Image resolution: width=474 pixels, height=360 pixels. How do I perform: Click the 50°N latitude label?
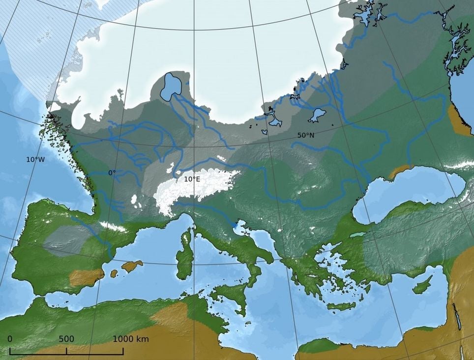(305, 134)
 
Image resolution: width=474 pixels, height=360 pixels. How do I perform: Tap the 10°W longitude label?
(35, 159)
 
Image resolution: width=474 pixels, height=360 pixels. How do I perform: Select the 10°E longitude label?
(192, 179)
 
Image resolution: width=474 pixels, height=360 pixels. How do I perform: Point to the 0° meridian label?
(112, 173)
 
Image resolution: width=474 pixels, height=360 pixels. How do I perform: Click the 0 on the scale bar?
(10, 339)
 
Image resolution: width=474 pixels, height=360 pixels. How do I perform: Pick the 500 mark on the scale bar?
(66, 339)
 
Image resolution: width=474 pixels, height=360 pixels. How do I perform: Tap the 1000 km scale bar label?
(131, 339)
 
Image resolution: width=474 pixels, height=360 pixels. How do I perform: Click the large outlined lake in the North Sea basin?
(172, 86)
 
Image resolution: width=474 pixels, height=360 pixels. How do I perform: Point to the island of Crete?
(341, 306)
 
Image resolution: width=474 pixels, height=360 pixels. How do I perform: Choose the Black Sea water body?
(408, 192)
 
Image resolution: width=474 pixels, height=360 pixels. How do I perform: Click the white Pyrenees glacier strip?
(114, 226)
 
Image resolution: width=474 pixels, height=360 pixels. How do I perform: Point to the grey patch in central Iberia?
(66, 240)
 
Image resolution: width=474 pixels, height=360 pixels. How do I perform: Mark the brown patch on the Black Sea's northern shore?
(398, 172)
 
